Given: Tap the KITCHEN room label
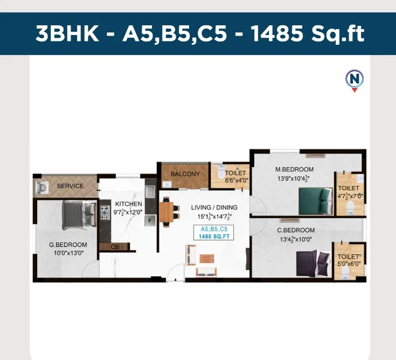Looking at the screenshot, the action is (129, 204).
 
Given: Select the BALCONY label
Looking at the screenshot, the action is (185, 174).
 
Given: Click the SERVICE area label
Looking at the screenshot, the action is (70, 186).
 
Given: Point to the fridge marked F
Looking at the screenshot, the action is (150, 221).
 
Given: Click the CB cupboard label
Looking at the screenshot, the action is (115, 247).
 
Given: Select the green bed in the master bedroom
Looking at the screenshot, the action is (316, 202).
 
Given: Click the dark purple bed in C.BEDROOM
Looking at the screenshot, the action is (314, 263).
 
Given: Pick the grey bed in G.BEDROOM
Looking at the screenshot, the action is (79, 214).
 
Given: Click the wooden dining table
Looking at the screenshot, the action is (166, 212).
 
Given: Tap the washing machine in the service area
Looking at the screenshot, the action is (42, 188).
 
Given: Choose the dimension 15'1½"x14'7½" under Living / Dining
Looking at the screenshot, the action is (214, 216).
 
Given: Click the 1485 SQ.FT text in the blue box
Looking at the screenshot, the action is (214, 237).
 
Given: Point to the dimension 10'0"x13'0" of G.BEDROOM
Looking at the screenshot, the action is (68, 253).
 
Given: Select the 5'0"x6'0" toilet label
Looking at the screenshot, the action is (349, 264).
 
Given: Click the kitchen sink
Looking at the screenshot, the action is (150, 191).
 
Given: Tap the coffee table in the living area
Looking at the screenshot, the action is (207, 259).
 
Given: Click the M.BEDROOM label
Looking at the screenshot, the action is (294, 169).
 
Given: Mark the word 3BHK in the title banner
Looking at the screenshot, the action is (67, 33).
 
